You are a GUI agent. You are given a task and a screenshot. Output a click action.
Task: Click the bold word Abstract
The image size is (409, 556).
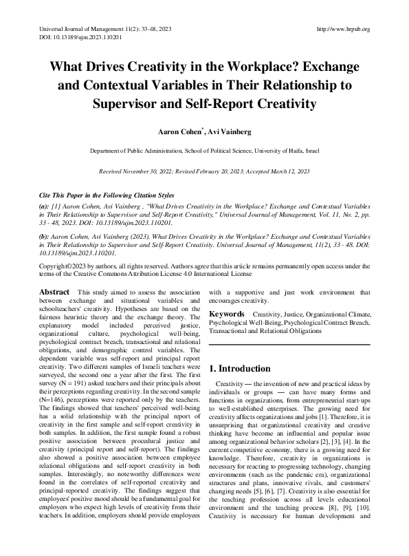pos(54,292)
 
